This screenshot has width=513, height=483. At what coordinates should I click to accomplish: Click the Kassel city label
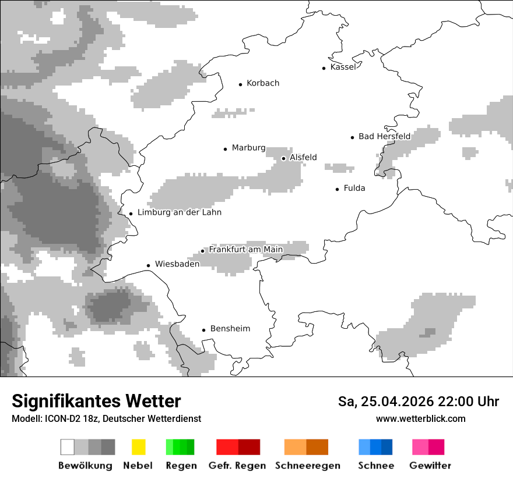(343, 67)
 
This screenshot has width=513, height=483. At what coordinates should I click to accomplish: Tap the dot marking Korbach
(240, 84)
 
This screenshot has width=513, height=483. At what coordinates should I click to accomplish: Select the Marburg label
(248, 148)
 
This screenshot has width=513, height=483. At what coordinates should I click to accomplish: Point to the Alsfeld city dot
(283, 158)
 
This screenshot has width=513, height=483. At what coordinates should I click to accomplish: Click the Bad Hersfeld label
(384, 136)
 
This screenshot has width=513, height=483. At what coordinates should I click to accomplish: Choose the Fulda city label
(354, 188)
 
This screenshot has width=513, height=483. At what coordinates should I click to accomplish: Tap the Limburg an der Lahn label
(179, 212)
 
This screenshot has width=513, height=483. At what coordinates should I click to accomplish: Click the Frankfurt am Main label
(245, 250)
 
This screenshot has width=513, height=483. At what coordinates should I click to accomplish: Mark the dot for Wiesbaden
(149, 265)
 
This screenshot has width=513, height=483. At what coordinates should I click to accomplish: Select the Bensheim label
(230, 329)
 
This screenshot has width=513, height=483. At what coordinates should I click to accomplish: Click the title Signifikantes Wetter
(96, 402)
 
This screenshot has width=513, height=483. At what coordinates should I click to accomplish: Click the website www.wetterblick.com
(420, 418)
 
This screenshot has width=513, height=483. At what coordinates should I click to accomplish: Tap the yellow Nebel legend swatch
(138, 447)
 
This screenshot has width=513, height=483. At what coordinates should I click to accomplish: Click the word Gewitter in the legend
(430, 466)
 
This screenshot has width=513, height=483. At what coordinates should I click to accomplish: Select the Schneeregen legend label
(307, 466)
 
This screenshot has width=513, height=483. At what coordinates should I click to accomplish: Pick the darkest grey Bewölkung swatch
(108, 447)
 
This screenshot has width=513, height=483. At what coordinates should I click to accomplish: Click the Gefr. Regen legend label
(237, 466)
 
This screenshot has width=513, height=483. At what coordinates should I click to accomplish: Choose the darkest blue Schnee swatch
(387, 447)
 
